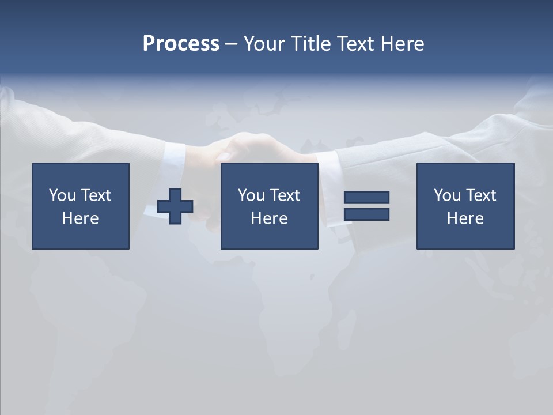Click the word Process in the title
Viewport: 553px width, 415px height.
pos(181,44)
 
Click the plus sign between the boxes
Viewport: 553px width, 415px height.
pos(175,206)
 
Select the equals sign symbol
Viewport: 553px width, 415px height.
pos(366,206)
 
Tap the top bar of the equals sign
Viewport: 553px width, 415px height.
pos(366,197)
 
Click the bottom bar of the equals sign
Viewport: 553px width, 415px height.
pos(366,214)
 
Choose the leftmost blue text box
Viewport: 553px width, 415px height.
pos(81,206)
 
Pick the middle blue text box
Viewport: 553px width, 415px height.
pos(269,206)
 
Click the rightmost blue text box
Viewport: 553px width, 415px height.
pos(465,206)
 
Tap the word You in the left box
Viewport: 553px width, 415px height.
pos(62,195)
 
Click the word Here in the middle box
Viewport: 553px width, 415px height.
pos(269,218)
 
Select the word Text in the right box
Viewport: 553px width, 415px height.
pos(481,195)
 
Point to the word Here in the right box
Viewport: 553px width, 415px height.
pos(465,218)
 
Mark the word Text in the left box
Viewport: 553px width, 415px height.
pos(96,195)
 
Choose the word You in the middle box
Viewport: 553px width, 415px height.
pos(251,195)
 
